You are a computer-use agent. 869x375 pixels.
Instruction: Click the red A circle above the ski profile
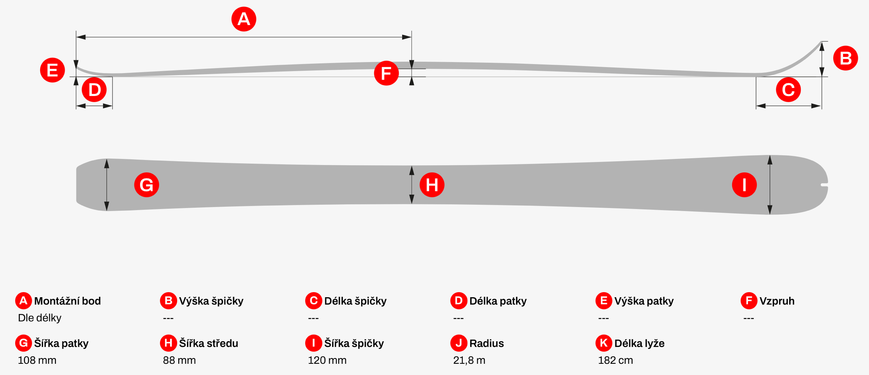pyautogui.click(x=244, y=19)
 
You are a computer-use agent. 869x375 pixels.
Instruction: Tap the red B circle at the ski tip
pyautogui.click(x=846, y=58)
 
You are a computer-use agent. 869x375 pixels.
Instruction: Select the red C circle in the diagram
pyautogui.click(x=789, y=89)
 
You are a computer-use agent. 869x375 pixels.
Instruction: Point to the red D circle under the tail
pyautogui.click(x=94, y=89)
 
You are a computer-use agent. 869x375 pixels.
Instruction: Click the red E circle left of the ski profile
pyautogui.click(x=53, y=70)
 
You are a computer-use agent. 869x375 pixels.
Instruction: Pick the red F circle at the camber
pyautogui.click(x=387, y=73)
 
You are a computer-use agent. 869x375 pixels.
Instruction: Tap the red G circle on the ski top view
pyautogui.click(x=147, y=185)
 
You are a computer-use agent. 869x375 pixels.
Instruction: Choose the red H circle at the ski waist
pyautogui.click(x=432, y=185)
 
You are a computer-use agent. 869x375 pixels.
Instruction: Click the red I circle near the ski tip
pyautogui.click(x=744, y=185)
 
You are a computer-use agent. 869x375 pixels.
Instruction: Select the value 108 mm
pyautogui.click(x=37, y=360)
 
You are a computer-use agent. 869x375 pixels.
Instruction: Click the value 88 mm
pyautogui.click(x=179, y=360)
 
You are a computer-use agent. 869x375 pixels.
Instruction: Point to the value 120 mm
pyautogui.click(x=327, y=360)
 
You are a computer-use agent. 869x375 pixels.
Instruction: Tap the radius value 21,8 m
pyautogui.click(x=469, y=360)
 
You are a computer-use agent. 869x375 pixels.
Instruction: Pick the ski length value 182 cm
pyautogui.click(x=616, y=360)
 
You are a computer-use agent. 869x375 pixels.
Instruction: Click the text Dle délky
pyautogui.click(x=40, y=318)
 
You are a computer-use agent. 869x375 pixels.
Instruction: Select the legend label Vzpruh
pyautogui.click(x=777, y=301)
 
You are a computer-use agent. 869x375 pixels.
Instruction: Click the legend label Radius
pyautogui.click(x=486, y=343)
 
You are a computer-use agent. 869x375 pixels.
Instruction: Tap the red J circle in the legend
pyautogui.click(x=459, y=343)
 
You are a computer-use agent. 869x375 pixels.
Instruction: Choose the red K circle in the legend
pyautogui.click(x=604, y=343)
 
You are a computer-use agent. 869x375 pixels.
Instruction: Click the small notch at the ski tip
pyautogui.click(x=824, y=185)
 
